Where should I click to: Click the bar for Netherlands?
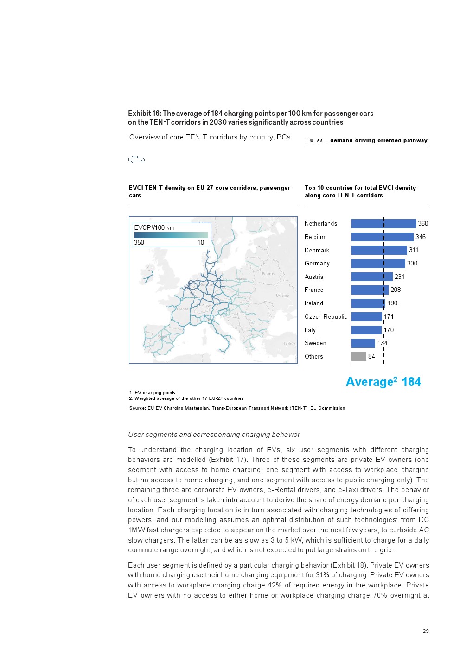pos(383,224)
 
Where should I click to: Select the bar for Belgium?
pos(382,237)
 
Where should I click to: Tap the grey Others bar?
pos(358,356)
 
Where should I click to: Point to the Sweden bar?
pos(363,343)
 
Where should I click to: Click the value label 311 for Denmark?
pos(414,250)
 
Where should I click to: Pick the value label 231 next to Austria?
pos(400,277)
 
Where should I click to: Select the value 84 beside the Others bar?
pos(371,356)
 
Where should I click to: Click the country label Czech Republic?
pos(326,316)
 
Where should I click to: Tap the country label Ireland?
pos(314,303)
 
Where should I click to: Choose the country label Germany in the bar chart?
pos(317,264)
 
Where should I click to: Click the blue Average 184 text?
pos(383,382)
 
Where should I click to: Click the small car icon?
pos(136,159)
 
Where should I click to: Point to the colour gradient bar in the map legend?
pos(171,235)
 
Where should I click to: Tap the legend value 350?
pos(139,242)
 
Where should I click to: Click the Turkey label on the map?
pos(289,344)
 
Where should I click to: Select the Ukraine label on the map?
pos(282,295)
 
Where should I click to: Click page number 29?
pos(426,631)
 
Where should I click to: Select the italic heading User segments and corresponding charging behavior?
pos(214,435)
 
